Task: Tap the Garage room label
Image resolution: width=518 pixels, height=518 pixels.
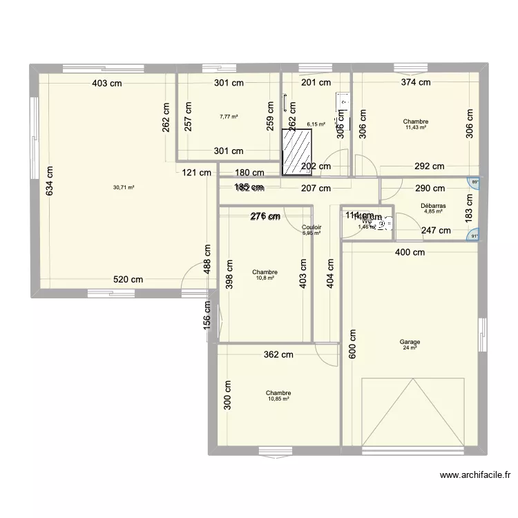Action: [410, 342]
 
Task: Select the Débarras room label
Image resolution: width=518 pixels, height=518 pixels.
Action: [433, 206]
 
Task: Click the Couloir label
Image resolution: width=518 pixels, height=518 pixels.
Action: [311, 227]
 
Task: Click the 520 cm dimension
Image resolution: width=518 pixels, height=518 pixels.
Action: [128, 280]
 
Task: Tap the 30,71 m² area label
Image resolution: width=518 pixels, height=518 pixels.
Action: [124, 187]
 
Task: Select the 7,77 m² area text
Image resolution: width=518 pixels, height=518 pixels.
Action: [229, 117]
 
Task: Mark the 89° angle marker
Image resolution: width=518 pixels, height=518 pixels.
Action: [473, 183]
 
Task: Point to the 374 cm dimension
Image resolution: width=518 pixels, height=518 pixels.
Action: [416, 82]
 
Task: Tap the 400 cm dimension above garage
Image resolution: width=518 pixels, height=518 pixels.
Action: [410, 253]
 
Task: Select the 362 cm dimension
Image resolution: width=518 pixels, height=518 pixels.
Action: [278, 355]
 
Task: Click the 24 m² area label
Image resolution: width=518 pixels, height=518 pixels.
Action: [410, 348]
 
